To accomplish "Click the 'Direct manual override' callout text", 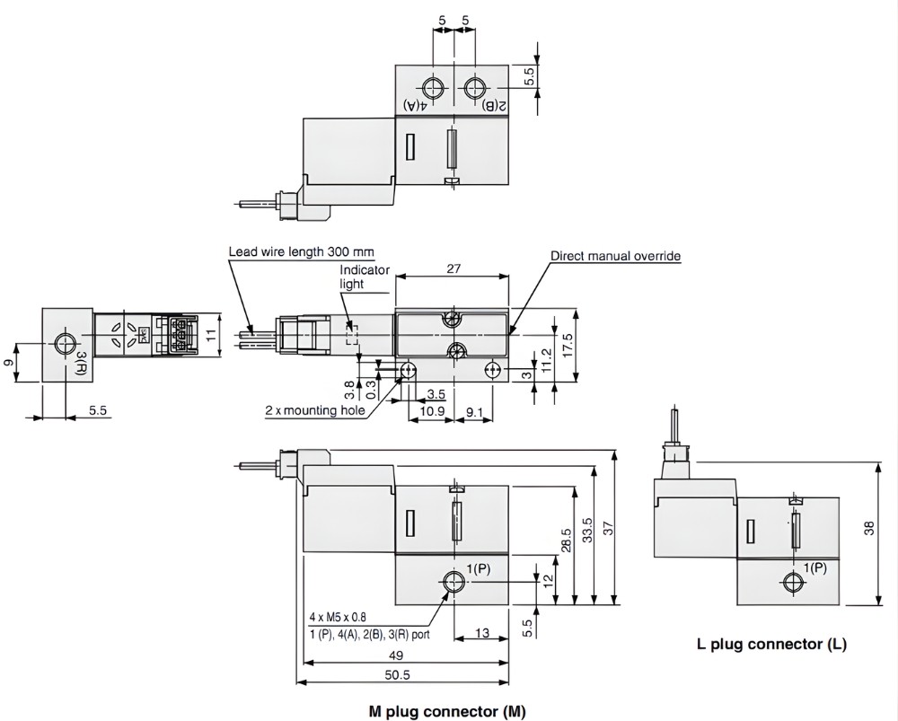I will (615, 256).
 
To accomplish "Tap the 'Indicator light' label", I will (365, 277).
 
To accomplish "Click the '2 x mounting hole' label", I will (314, 410).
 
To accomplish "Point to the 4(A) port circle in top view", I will (433, 88).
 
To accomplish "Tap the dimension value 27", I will (453, 267).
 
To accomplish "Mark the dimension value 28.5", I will (567, 545).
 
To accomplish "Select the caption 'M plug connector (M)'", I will (447, 711).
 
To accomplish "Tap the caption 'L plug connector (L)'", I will (771, 643).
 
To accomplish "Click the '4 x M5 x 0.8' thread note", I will (338, 617).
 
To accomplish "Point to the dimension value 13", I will (481, 634).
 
